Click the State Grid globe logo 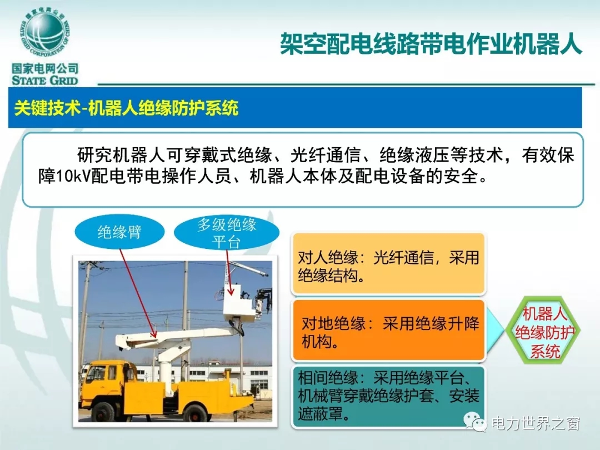click(45, 34)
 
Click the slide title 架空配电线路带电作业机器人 click(431, 43)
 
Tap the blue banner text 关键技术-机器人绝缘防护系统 click(126, 108)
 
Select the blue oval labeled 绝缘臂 click(119, 232)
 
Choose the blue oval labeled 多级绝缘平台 click(227, 232)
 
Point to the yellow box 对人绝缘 click(388, 264)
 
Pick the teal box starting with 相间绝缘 click(388, 397)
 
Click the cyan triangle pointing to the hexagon click(494, 331)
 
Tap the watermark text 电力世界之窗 click(536, 423)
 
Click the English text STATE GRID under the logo click(45, 81)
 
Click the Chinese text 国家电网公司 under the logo click(45, 68)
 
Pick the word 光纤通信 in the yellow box click(403, 258)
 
